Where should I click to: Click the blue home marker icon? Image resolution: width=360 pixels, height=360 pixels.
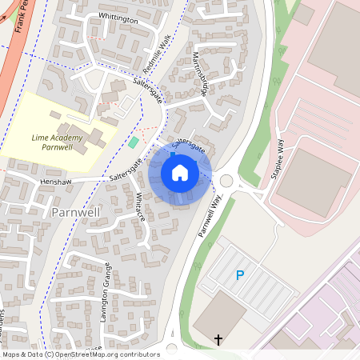[x=180, y=173]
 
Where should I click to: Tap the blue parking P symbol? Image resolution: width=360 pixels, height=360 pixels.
[x=239, y=275]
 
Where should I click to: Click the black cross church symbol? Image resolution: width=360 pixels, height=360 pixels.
[x=218, y=340]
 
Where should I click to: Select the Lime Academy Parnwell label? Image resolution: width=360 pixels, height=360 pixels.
[x=58, y=142]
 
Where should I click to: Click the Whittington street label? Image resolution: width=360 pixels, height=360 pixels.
[x=118, y=18]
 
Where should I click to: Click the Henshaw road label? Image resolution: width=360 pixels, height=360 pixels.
[x=54, y=182]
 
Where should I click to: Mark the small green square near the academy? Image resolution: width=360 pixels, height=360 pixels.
[x=134, y=142]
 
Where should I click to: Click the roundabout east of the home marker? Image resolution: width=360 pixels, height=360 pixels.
[x=226, y=181]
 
